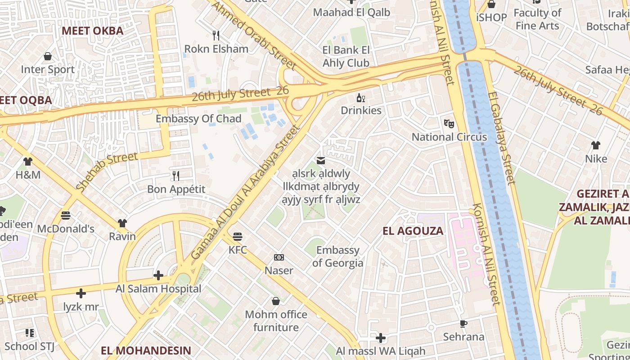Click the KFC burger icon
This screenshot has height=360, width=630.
[238, 236]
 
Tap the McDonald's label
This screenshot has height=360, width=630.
[66, 229]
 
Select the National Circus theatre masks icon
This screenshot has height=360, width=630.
[449, 123]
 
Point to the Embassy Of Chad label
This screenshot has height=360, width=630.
[198, 119]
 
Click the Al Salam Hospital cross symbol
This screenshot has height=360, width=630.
[158, 275]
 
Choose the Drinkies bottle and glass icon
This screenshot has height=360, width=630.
[360, 97]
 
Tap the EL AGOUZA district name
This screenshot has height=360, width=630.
[413, 231]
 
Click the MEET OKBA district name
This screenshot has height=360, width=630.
[92, 31]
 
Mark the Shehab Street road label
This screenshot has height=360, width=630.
[107, 172]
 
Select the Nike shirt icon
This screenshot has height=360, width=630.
[596, 145]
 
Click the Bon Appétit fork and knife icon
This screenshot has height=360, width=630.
[176, 175]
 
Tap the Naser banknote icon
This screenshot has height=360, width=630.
[279, 257]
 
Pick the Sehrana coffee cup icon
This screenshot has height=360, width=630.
[463, 324]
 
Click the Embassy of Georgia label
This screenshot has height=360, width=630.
[337, 256]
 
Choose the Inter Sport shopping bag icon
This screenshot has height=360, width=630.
[48, 56]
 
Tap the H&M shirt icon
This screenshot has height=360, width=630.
[28, 161]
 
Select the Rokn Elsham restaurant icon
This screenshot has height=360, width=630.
[216, 35]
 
